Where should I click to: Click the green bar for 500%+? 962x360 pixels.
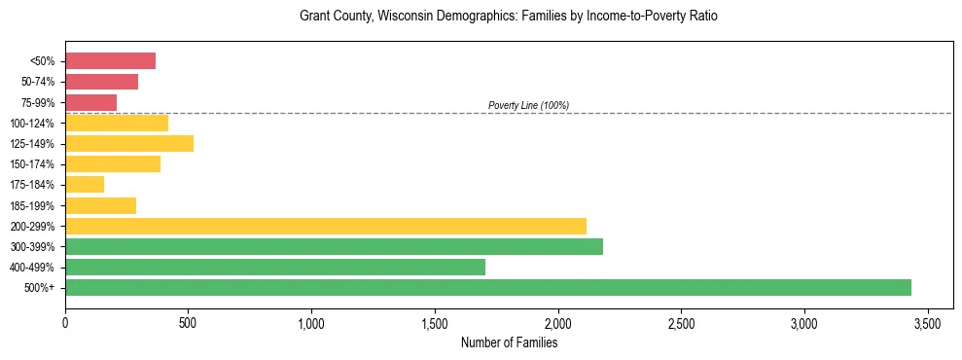point(487,287)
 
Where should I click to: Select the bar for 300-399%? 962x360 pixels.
point(334,246)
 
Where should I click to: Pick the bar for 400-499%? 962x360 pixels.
point(274,267)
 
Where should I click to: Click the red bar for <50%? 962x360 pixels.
point(110,61)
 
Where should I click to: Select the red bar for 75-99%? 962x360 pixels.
point(90,102)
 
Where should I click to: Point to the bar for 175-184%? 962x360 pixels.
point(85,184)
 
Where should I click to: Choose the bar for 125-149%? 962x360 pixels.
point(129,143)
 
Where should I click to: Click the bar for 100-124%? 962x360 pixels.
point(117,123)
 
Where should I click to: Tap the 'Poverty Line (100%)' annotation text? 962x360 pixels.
point(528,105)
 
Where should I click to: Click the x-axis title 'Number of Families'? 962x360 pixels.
point(509,342)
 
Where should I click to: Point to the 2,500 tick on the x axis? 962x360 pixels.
point(681,322)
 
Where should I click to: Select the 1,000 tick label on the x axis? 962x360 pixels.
point(311,322)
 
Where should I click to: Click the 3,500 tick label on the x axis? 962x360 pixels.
point(927,322)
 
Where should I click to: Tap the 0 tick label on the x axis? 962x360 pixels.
point(65,322)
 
